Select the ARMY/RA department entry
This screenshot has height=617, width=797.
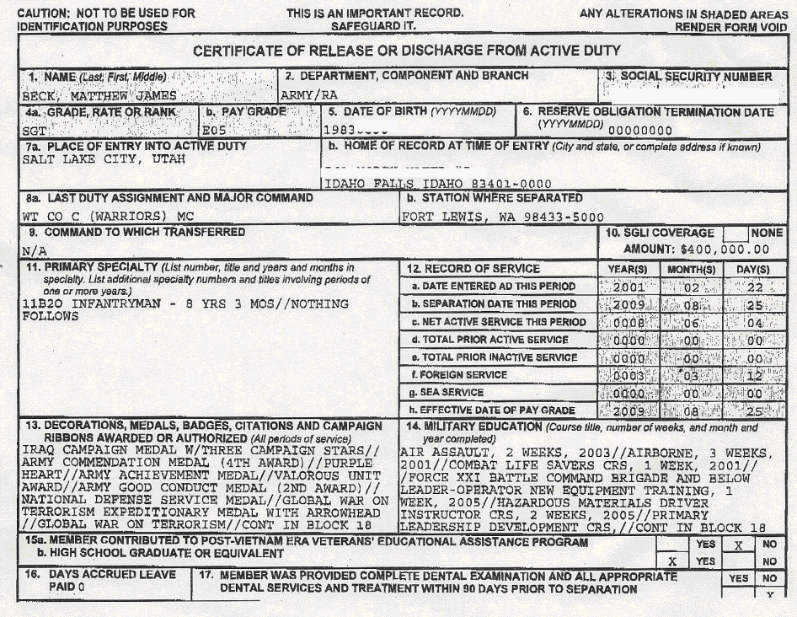[x=302, y=96]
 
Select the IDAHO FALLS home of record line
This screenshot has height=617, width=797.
[x=438, y=184]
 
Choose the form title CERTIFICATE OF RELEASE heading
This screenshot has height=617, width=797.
[x=406, y=51]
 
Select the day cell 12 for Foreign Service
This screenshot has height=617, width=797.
[x=756, y=375]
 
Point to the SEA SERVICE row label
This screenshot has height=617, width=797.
[x=453, y=393]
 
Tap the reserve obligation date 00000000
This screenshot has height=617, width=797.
[x=640, y=131]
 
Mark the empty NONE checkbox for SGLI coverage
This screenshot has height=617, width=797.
[x=735, y=233]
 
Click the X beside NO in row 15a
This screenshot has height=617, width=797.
[x=737, y=545]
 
